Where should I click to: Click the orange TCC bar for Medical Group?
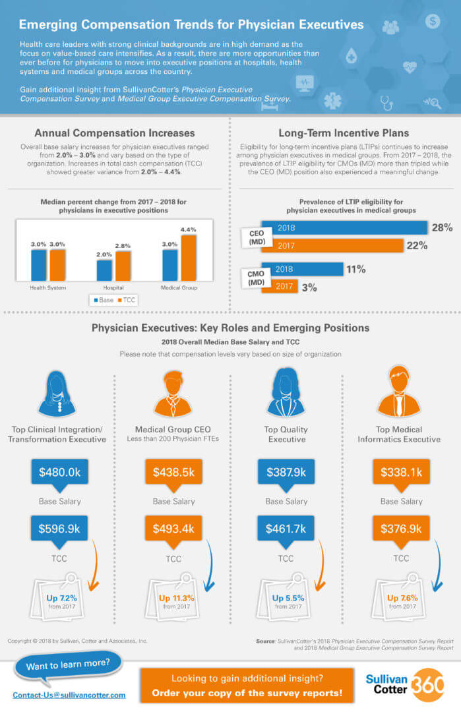pos(189,258)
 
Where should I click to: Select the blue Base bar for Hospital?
pos(104,270)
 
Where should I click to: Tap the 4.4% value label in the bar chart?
pos(189,229)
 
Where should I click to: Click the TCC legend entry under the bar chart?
pos(127,300)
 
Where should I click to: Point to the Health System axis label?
pos(47,288)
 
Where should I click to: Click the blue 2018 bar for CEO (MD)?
pos(344,227)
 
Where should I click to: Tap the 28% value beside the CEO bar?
pos(442,227)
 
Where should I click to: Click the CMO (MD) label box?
pos(256,278)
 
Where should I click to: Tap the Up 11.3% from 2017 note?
pos(176,602)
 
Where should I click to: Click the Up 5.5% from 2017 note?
pos(288,602)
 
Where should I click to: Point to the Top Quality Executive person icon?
pos(286,392)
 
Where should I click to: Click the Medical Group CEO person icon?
pos(173,393)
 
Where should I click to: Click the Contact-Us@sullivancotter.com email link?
pos(69,696)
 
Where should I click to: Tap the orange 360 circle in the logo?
pos(427,685)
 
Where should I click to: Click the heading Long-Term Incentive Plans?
pos(344,133)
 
